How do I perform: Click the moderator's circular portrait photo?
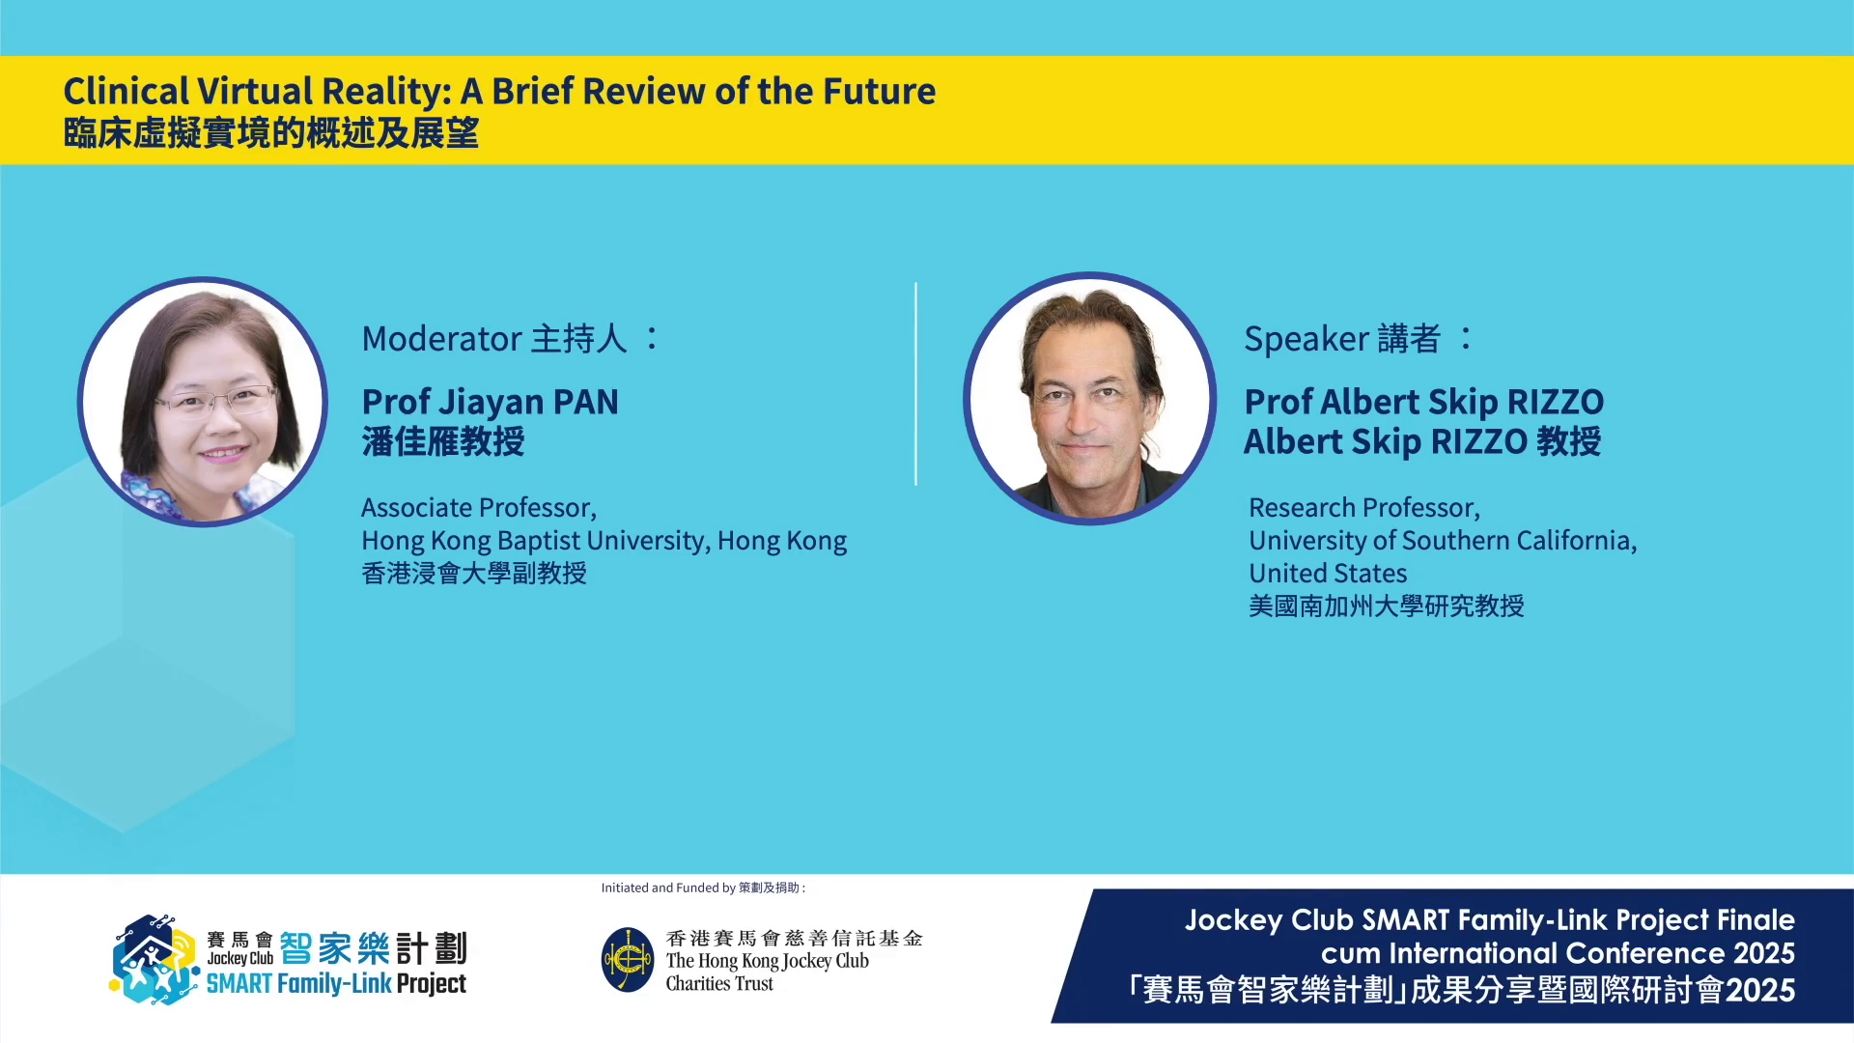coord(203,402)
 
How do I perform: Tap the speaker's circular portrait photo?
coord(1089,399)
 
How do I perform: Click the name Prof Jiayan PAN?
coord(490,402)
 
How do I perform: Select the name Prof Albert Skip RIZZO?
coord(1423,402)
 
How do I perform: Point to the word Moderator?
coord(441,339)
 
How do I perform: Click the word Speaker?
coord(1306,340)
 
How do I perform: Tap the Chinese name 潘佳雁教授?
coord(443,441)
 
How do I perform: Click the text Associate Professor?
coord(479,508)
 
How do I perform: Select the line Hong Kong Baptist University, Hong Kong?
coord(604,541)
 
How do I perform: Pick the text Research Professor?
coord(1364,508)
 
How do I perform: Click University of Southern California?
coord(1443,541)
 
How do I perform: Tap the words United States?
coord(1328,574)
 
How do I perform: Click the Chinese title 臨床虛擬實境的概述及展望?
coord(271,133)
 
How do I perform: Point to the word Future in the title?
coord(879,91)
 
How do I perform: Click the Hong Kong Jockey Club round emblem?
coord(628,960)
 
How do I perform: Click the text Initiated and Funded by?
coord(668,888)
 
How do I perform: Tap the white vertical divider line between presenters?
coord(915,384)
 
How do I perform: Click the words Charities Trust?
coord(719,984)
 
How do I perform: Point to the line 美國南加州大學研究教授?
coord(1387,606)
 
